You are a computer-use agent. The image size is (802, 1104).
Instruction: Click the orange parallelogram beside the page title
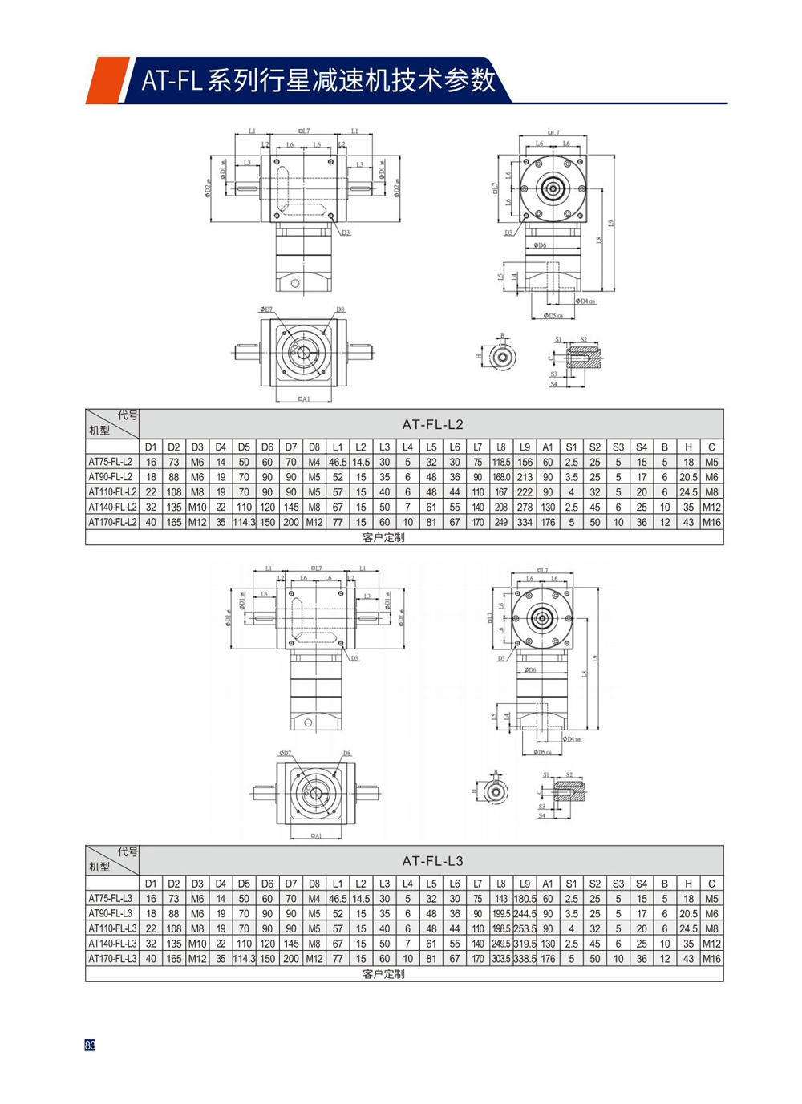point(107,80)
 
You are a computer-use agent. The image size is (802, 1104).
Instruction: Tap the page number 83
point(90,1045)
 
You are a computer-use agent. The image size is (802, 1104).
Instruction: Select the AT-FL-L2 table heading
point(432,424)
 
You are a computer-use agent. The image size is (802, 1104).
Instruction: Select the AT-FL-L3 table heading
point(432,860)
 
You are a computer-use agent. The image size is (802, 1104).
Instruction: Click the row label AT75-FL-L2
point(111,462)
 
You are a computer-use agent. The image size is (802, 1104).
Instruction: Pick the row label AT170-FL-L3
point(112,958)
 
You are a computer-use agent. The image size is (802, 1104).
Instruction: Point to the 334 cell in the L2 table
point(525,522)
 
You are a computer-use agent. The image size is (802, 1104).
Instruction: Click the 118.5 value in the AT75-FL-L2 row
point(501,462)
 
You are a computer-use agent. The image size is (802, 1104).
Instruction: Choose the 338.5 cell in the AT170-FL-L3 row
point(525,958)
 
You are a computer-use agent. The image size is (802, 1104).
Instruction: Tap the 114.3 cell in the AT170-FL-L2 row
point(244,522)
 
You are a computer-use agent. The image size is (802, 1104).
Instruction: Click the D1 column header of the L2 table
point(151,447)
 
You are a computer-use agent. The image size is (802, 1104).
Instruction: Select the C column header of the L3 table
point(711,884)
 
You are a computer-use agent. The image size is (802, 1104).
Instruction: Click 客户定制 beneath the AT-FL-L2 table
point(383,537)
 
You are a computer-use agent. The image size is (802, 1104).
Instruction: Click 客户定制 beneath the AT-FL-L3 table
point(383,973)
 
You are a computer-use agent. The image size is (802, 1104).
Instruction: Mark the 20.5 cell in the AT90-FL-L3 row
point(688,913)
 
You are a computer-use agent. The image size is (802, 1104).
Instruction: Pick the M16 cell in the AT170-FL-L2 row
point(711,522)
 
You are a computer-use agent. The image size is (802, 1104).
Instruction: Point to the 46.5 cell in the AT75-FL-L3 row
point(338,899)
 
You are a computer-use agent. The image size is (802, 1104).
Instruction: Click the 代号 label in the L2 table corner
point(128,415)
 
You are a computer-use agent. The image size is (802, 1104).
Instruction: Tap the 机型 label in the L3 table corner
point(99,866)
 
